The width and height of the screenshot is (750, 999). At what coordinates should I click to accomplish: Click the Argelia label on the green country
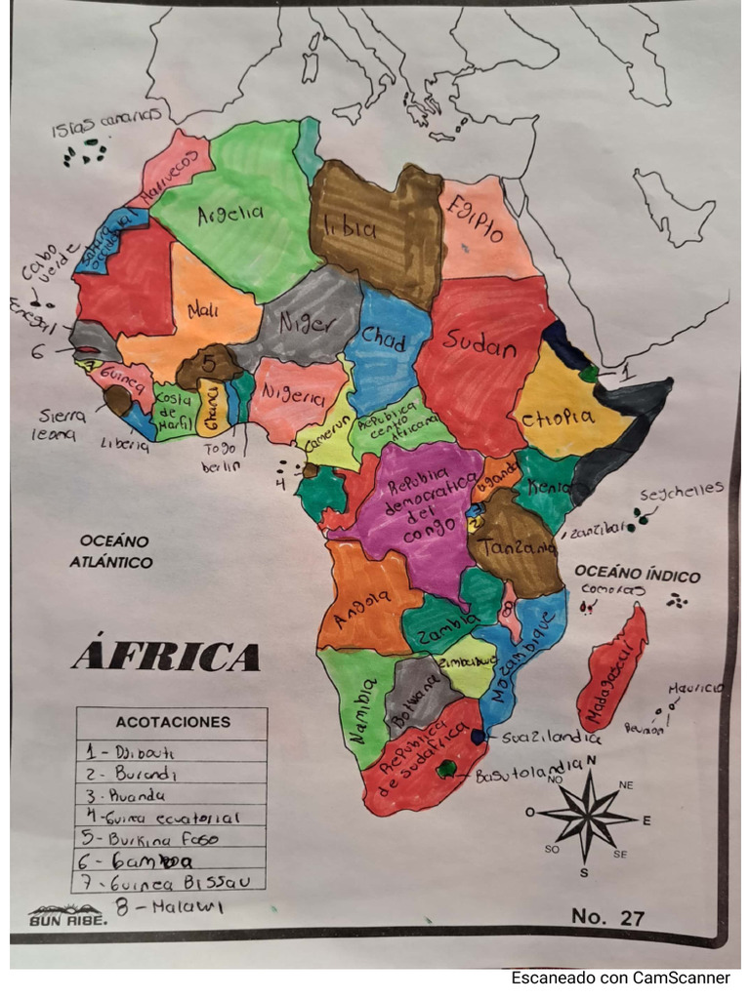(x=230, y=214)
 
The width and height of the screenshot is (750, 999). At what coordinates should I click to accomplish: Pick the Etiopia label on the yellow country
(x=558, y=418)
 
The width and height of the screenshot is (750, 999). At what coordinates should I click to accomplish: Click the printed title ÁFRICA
(x=166, y=657)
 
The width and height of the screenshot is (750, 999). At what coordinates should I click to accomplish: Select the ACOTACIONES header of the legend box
(x=173, y=723)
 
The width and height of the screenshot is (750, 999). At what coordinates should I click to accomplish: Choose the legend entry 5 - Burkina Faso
(x=165, y=838)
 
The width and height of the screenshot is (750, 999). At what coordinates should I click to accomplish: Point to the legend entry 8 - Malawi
(x=170, y=906)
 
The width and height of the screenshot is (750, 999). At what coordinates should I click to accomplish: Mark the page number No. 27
(x=607, y=917)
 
